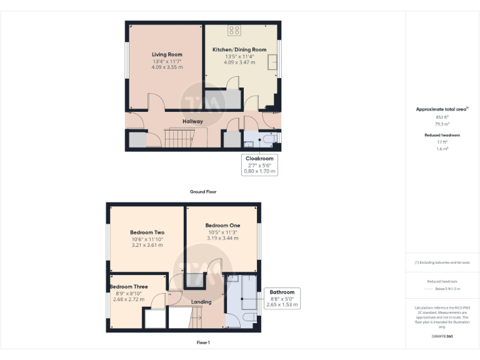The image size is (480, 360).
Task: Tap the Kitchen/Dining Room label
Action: (239, 49)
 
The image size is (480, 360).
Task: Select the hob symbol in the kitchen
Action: (234, 29)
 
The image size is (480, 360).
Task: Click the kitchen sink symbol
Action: (272, 62)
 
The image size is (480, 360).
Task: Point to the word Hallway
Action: (192, 121)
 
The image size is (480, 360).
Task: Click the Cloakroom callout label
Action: (259, 159)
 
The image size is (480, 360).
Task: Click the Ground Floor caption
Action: (203, 191)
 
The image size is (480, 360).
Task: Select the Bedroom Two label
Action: (147, 232)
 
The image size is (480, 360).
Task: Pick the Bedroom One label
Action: (222, 225)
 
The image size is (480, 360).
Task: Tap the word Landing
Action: (201, 302)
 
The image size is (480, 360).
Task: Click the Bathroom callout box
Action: (282, 298)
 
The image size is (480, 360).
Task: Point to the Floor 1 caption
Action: (203, 342)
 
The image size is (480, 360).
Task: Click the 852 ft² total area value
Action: (442, 117)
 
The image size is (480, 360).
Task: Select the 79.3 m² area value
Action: (442, 123)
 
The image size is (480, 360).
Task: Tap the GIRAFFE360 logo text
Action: (442, 337)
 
